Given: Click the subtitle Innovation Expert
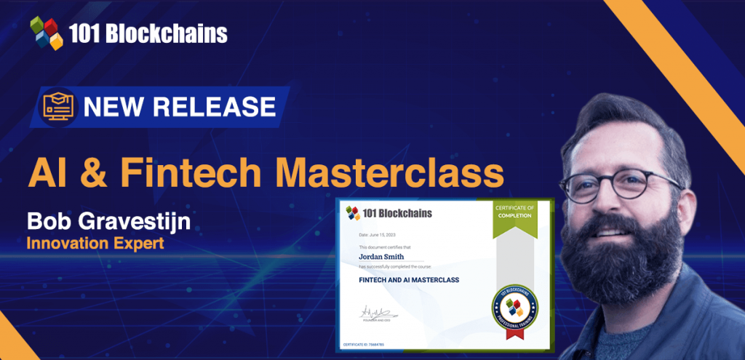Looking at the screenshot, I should point(95,243).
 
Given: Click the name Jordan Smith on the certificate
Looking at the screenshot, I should point(383,256).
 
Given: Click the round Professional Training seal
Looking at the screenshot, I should point(514,305).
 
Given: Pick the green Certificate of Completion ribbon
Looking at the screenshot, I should point(515,218).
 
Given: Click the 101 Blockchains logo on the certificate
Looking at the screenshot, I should point(389,213).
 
